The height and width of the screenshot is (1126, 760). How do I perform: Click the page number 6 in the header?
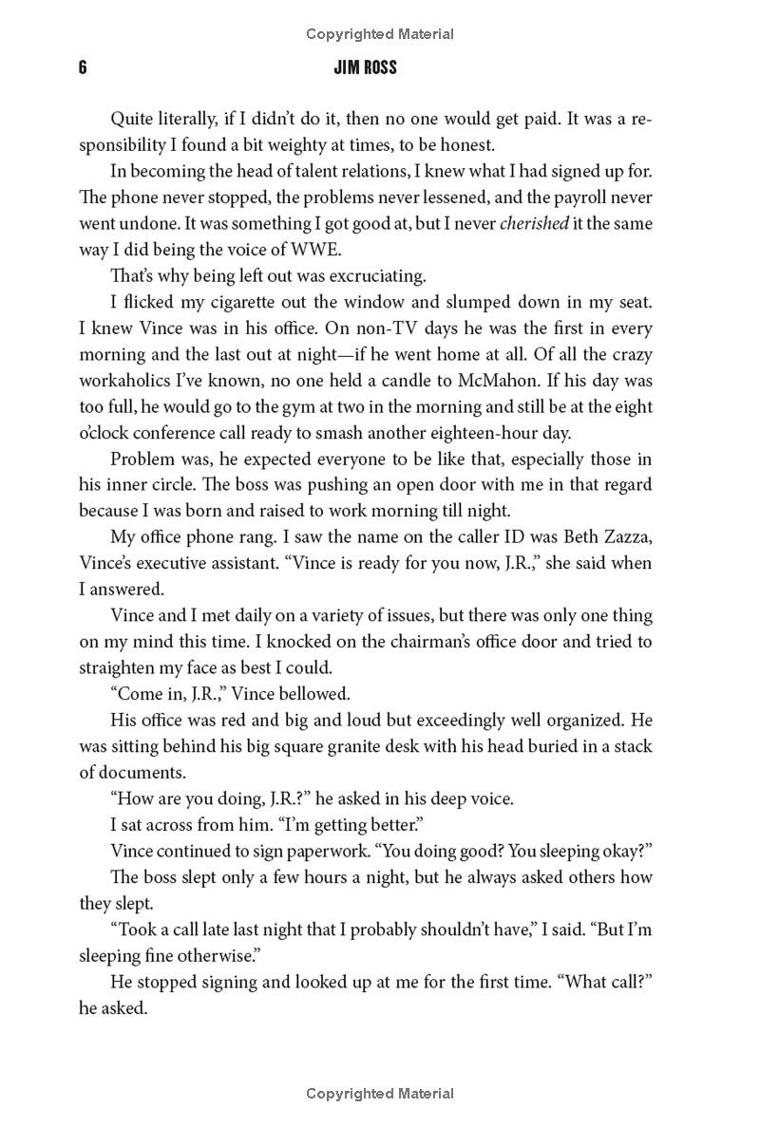click(x=84, y=68)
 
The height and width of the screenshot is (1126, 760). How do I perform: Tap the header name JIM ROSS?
click(x=379, y=68)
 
